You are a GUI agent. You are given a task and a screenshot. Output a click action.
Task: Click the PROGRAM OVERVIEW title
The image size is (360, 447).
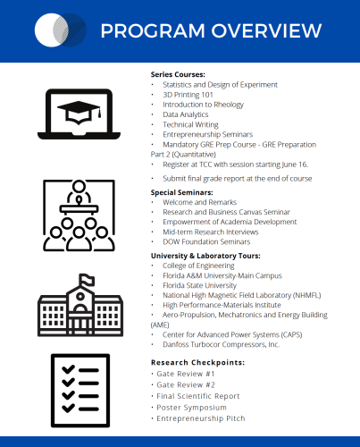[x=211, y=31]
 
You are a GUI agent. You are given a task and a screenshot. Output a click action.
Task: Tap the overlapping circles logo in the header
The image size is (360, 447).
[x=60, y=31]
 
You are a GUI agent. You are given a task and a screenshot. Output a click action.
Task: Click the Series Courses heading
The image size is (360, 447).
[x=179, y=73]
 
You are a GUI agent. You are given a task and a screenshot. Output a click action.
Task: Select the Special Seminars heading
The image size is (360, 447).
[x=184, y=192]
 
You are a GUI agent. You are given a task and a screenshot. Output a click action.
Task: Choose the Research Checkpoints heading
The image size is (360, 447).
[x=197, y=362]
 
